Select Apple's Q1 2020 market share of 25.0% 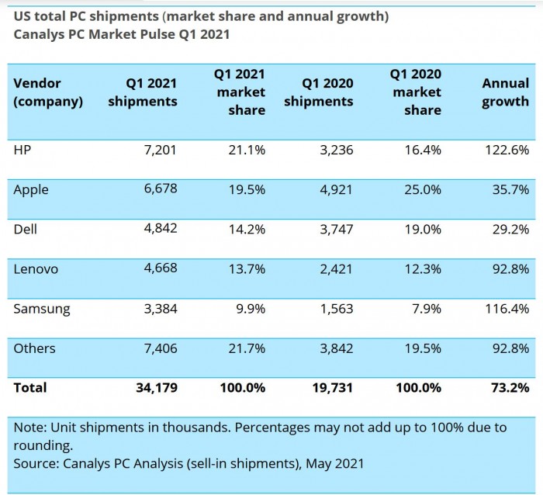click(423, 190)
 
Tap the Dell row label click(26, 229)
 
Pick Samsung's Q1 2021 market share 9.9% click(249, 309)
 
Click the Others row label click(34, 348)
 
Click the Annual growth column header click(505, 92)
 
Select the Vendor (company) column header click(48, 92)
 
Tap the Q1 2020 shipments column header click(318, 92)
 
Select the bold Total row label click(30, 387)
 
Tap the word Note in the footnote click(29, 427)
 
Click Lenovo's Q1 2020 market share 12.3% click(423, 269)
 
